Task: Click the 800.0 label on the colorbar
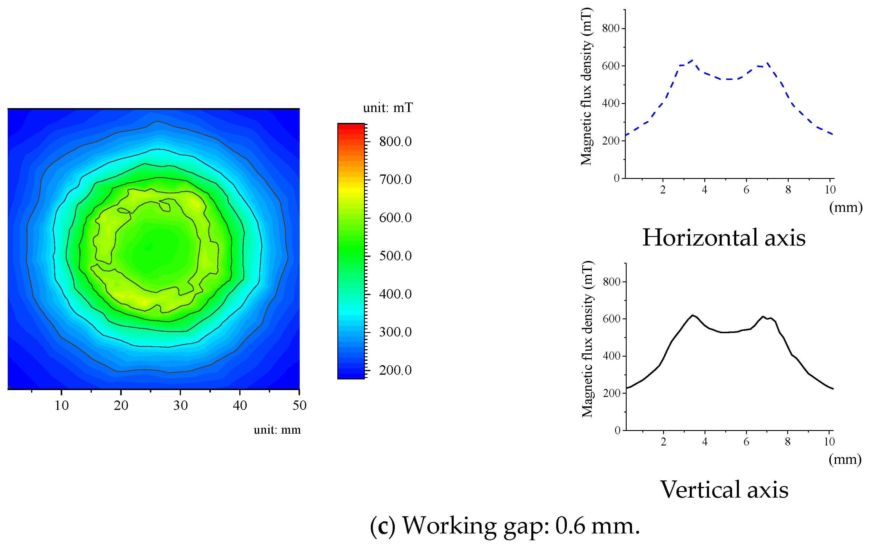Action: point(395,142)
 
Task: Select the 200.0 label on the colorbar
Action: point(395,370)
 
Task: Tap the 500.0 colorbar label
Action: point(395,256)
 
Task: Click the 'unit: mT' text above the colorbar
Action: point(387,108)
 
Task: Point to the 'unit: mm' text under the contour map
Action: point(277,430)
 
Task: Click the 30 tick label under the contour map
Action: point(180,405)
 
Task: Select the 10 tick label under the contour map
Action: point(61,405)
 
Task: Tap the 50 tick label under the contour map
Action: point(299,405)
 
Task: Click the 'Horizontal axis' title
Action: point(724,238)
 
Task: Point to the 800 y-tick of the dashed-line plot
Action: point(610,28)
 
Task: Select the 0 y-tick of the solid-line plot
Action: point(617,430)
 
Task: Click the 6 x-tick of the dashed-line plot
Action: point(746,190)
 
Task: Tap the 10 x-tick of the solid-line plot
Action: point(829,442)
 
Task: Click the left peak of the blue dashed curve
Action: point(692,60)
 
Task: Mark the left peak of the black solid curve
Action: point(692,315)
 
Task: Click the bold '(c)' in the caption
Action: point(382,526)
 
